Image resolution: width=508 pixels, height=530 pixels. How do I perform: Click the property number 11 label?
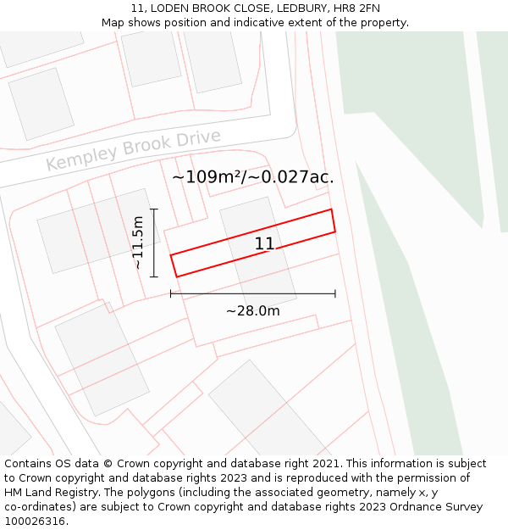264,244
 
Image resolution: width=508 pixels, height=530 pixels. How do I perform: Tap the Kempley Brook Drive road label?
133,150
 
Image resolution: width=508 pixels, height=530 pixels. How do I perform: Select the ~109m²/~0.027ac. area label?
252,177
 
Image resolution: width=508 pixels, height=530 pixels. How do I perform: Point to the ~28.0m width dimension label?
252,311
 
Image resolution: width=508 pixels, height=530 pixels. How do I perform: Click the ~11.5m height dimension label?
139,243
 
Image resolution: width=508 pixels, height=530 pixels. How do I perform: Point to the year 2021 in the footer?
327,464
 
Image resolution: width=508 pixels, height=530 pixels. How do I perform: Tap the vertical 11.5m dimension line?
153,243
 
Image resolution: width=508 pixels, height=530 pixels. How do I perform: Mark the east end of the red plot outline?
333,220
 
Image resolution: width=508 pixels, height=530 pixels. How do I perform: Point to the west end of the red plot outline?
174,265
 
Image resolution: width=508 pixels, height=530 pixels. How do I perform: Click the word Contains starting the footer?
28,464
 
